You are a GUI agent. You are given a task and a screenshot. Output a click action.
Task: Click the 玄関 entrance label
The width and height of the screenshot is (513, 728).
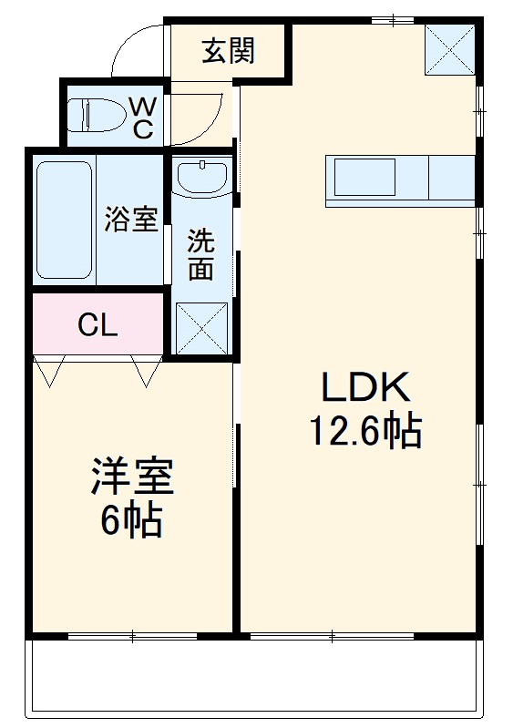pyautogui.click(x=228, y=51)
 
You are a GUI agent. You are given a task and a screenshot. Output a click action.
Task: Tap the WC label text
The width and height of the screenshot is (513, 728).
pyautogui.click(x=142, y=118)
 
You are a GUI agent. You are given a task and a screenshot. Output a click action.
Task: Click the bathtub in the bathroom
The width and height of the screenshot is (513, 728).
pyautogui.click(x=64, y=219)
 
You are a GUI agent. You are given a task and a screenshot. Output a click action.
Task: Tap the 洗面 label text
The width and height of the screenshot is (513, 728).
pyautogui.click(x=201, y=255)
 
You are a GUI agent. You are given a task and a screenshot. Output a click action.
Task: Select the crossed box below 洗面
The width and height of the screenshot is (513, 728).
pyautogui.click(x=201, y=327)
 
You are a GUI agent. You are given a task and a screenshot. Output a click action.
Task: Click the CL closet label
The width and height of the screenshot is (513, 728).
pyautogui.click(x=97, y=325)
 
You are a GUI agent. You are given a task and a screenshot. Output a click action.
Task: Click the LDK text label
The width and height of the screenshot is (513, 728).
pyautogui.click(x=366, y=389)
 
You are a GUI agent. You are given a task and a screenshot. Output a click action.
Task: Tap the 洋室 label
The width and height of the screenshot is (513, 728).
pyautogui.click(x=131, y=477)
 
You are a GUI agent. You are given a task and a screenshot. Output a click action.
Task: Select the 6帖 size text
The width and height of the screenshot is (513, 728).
pyautogui.click(x=131, y=520)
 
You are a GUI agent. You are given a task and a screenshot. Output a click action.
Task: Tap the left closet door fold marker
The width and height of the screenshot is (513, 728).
pyautogui.click(x=47, y=371)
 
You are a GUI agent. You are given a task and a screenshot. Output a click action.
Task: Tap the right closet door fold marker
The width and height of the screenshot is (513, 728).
pyautogui.click(x=147, y=371)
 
